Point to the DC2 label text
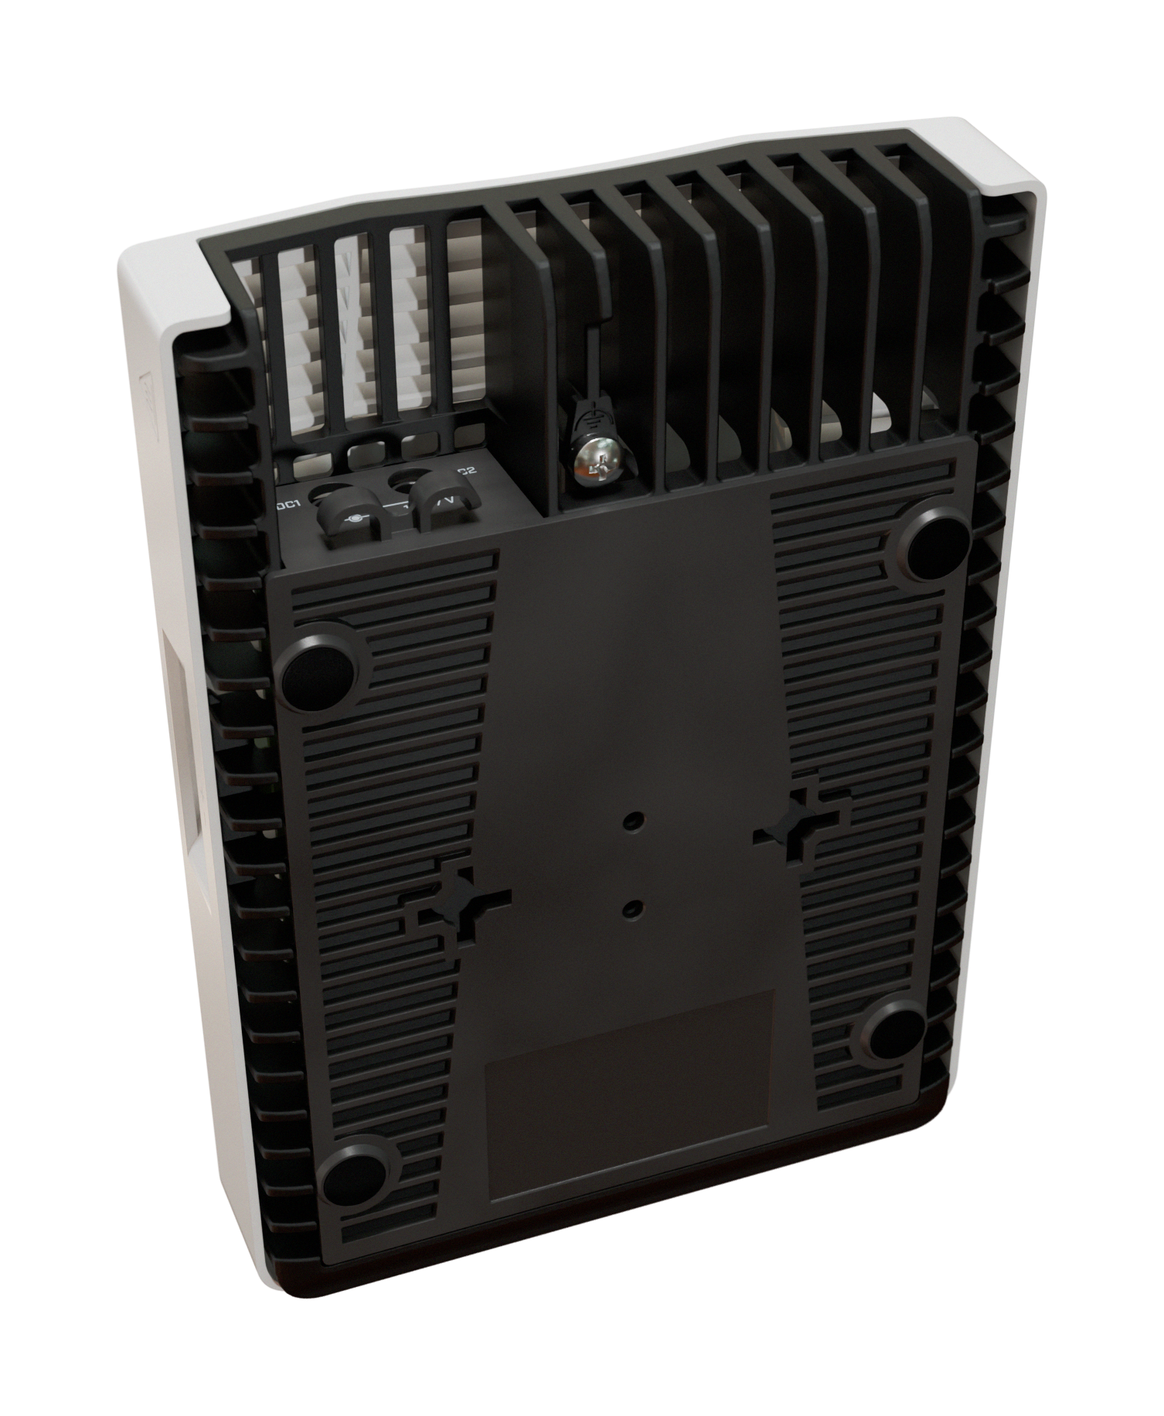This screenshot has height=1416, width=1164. click(465, 471)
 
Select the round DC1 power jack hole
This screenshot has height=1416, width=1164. click(332, 492)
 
